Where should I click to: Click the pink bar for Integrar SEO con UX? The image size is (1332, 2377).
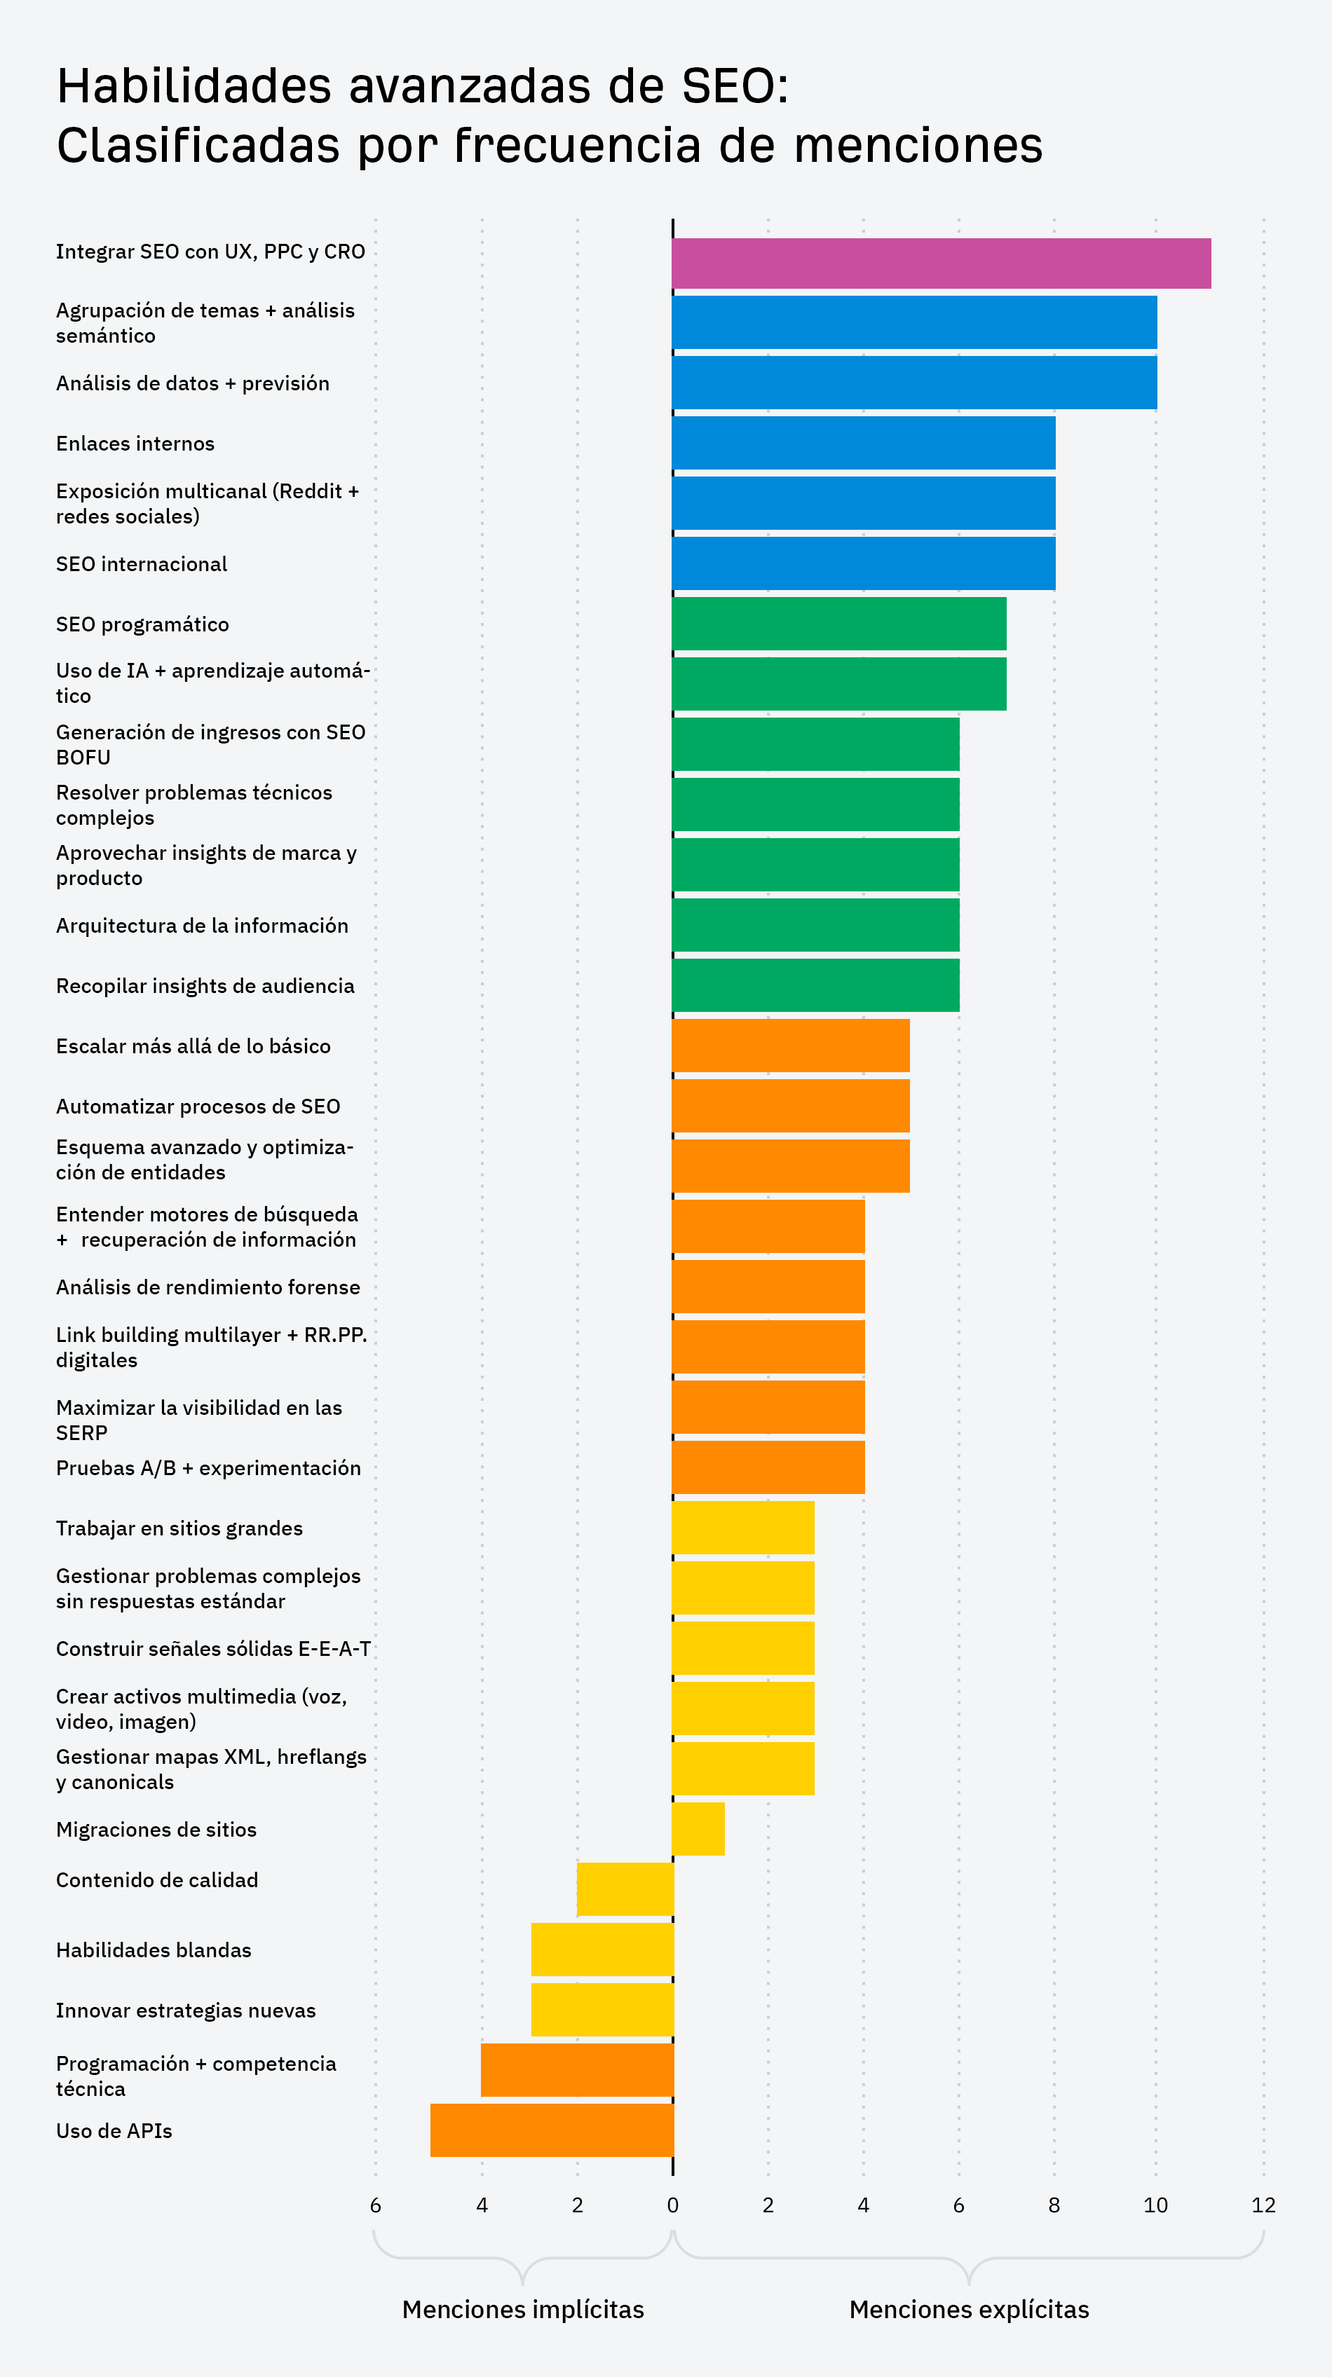point(941,264)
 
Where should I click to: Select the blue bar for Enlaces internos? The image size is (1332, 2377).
point(863,443)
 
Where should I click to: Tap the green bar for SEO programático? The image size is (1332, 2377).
point(838,624)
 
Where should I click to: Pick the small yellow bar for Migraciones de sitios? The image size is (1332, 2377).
point(698,1829)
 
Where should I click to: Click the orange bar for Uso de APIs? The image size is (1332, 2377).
point(552,2130)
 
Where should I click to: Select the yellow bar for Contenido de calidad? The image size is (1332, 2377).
point(625,1889)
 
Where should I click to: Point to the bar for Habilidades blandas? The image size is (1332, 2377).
point(602,1949)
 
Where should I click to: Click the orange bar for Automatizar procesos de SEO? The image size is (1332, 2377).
point(790,1105)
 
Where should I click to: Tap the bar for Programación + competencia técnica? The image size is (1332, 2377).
point(577,2070)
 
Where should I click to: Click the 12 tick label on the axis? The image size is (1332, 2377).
point(1263,2205)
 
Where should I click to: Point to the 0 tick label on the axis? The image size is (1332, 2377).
point(672,2205)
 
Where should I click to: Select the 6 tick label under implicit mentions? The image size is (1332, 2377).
point(375,2205)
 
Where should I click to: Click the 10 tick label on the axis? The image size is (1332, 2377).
point(1155,2205)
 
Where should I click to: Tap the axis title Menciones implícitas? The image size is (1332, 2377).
point(522,2310)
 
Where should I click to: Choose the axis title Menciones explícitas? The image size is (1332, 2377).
point(968,2310)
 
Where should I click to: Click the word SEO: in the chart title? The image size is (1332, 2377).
point(735,87)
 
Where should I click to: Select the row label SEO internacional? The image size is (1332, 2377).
point(141,564)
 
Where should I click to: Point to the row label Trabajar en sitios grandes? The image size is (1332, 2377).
point(179,1528)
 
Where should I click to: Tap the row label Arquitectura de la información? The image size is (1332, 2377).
point(202,926)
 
